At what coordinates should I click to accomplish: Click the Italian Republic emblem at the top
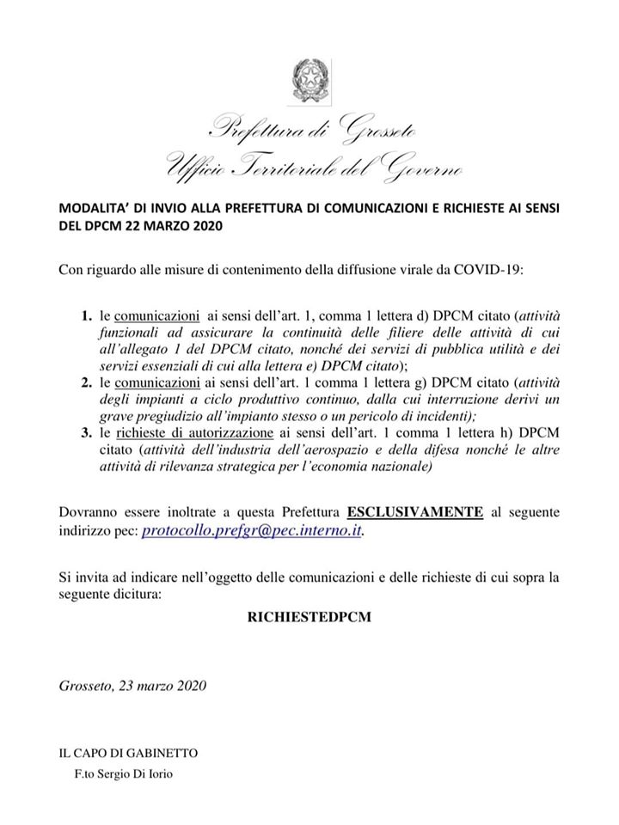(309, 80)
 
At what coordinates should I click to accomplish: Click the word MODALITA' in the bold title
(92, 209)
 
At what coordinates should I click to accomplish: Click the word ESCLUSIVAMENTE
(414, 512)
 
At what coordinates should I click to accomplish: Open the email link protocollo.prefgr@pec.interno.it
(252, 531)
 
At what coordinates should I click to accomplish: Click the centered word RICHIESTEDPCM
(309, 618)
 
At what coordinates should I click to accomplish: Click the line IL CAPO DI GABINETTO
(128, 753)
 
